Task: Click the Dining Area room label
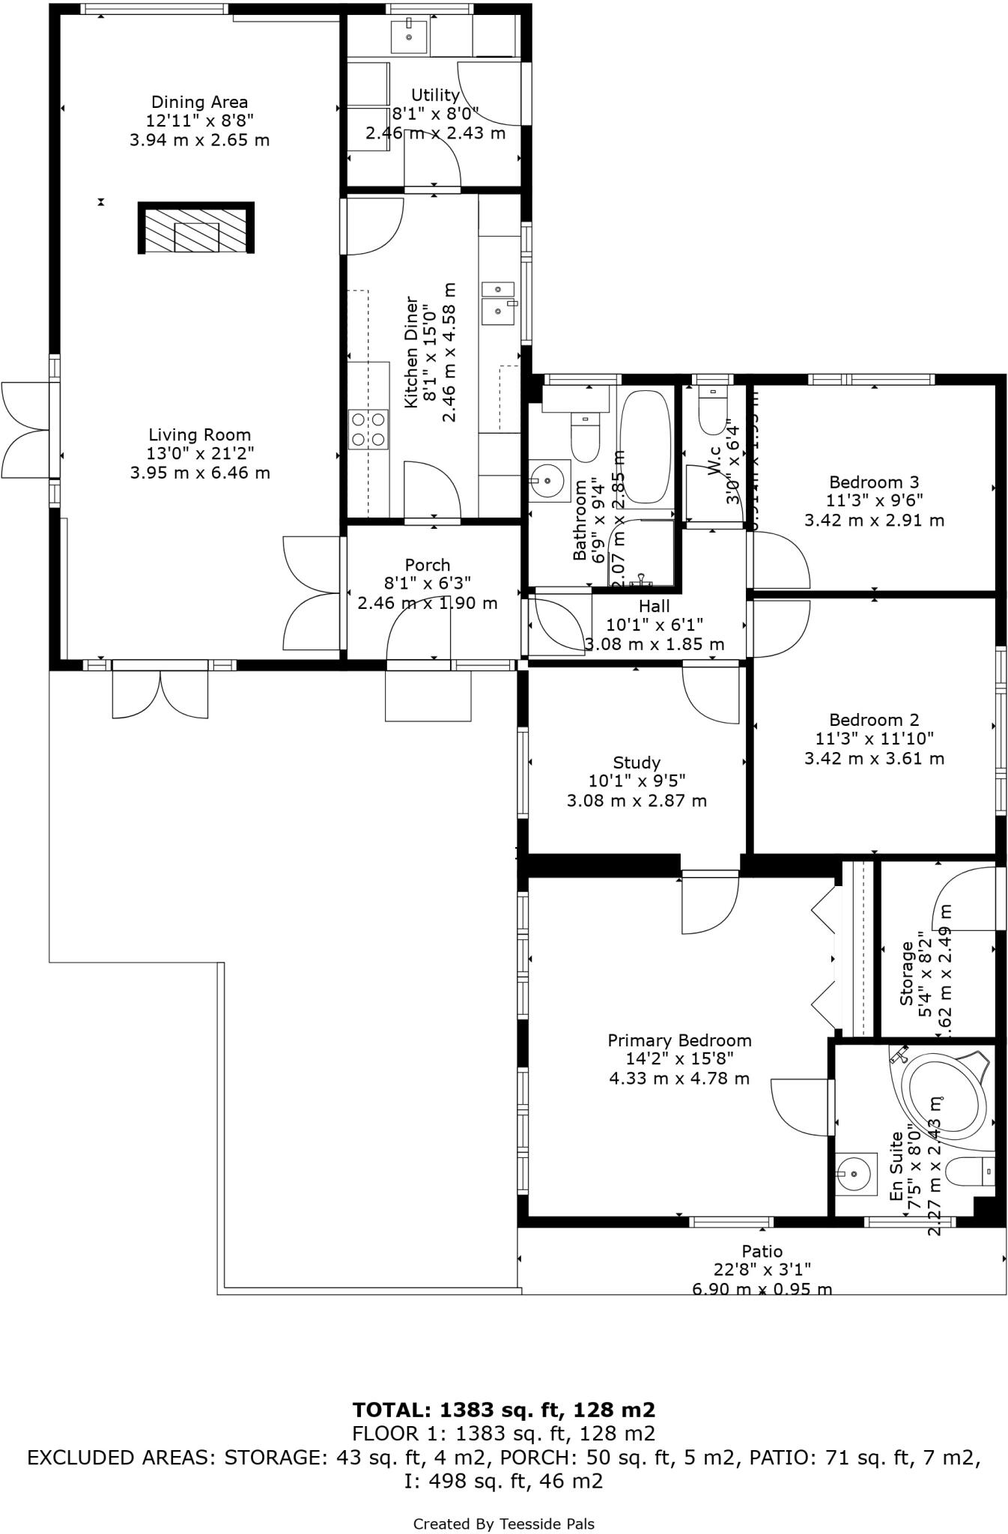click(199, 102)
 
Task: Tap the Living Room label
click(199, 434)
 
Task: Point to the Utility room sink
click(409, 37)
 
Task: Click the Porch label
click(428, 565)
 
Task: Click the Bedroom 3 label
click(874, 482)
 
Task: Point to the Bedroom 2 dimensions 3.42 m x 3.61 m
click(874, 758)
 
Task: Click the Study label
click(637, 763)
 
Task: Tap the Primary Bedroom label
click(679, 1040)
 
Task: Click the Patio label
click(762, 1251)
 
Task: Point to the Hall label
click(655, 606)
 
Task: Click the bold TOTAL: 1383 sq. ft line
click(504, 1410)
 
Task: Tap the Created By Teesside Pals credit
click(504, 1524)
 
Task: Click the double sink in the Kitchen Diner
click(498, 303)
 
